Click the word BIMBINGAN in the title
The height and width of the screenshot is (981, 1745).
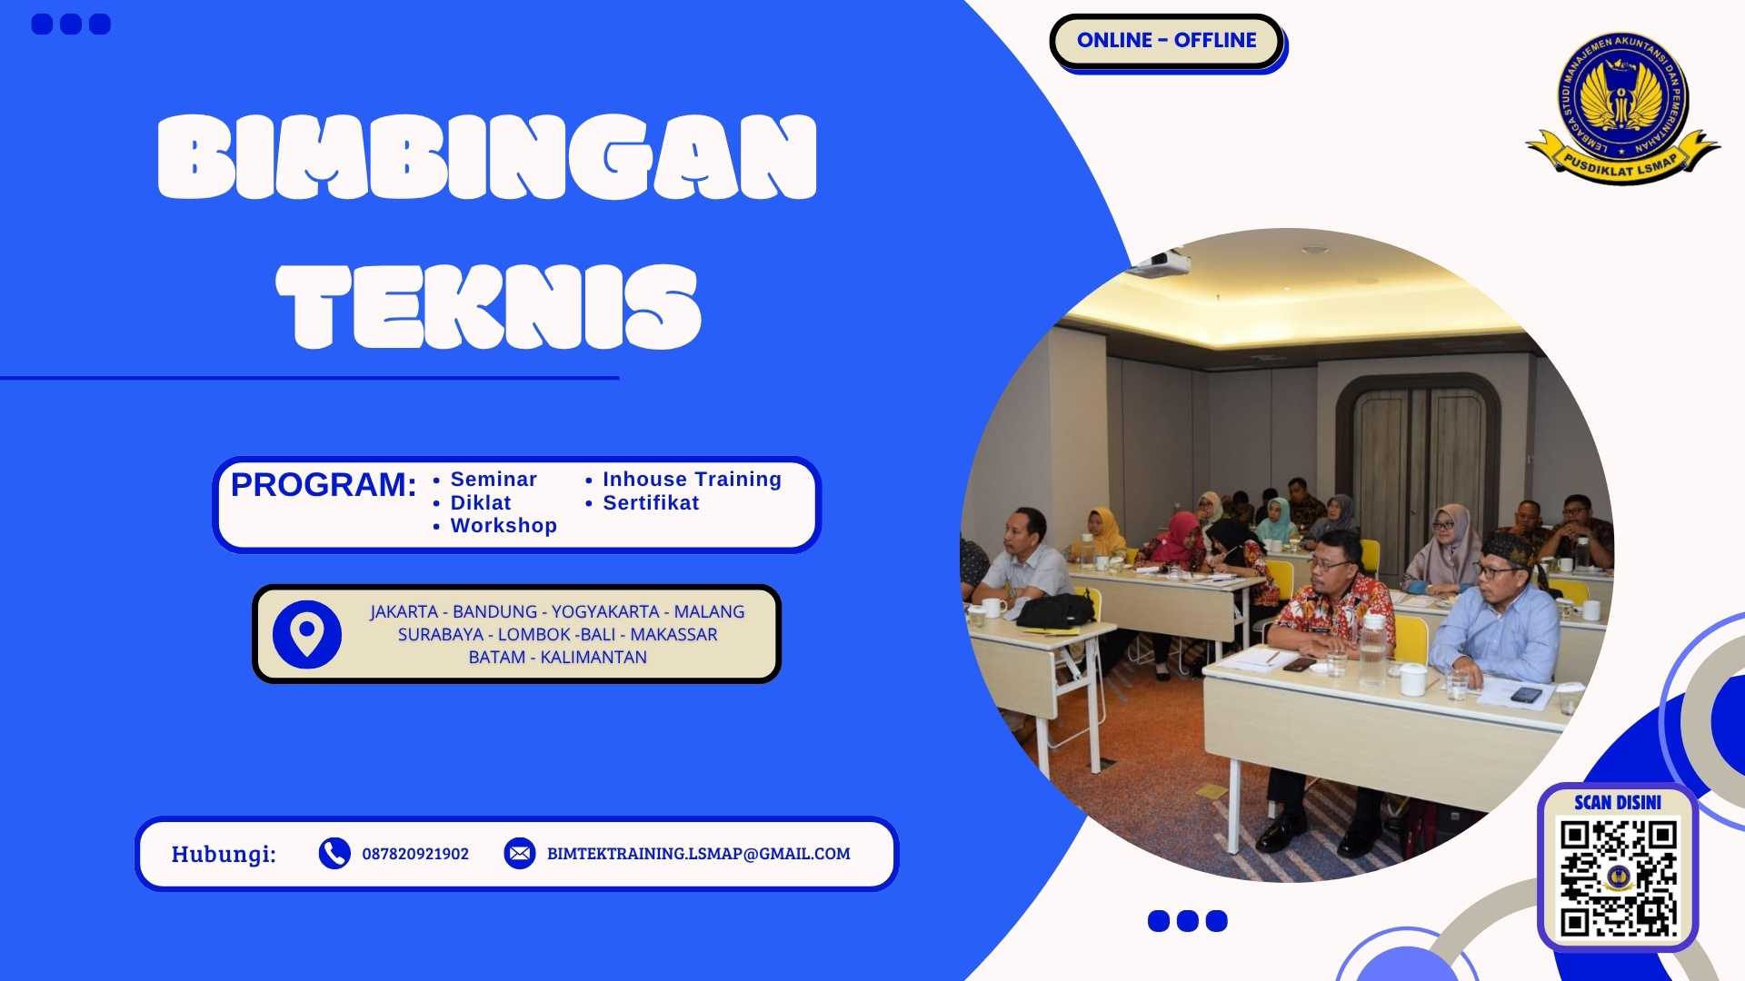[487, 156]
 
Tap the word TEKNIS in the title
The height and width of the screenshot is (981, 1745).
[488, 307]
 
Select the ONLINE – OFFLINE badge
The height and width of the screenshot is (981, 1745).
[1166, 41]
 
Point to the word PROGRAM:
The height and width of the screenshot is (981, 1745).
[324, 485]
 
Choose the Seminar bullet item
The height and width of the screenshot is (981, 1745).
[494, 480]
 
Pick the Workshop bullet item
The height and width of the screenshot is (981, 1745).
[504, 526]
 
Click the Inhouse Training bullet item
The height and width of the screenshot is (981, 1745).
[692, 480]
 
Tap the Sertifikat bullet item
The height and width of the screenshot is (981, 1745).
[651, 503]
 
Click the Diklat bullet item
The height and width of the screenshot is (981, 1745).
[481, 503]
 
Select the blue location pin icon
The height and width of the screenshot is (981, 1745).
[307, 634]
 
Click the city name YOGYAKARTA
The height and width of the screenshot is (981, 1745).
[605, 612]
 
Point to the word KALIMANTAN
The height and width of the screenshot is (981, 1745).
[593, 658]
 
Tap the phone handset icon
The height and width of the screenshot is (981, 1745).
[334, 854]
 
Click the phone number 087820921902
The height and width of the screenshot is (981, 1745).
[415, 854]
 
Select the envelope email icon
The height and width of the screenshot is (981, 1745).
[520, 854]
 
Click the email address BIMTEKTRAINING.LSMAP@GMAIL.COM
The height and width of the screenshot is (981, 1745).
[698, 854]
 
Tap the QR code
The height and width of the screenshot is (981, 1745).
[1619, 877]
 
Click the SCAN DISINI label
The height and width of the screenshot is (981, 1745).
[1618, 802]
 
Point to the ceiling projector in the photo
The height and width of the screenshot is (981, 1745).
[1159, 263]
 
